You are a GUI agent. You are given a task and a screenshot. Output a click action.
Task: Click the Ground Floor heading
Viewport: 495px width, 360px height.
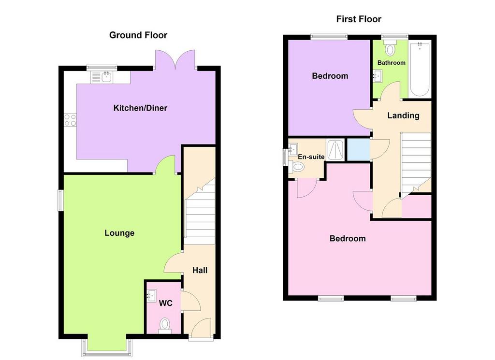[138, 35]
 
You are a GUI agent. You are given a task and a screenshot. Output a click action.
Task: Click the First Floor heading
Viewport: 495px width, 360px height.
[359, 19]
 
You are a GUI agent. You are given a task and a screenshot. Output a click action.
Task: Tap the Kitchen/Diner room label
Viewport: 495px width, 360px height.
[140, 108]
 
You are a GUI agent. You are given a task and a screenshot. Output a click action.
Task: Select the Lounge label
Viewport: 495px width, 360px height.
[119, 233]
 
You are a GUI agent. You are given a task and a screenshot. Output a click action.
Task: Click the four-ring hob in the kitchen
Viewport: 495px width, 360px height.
[70, 120]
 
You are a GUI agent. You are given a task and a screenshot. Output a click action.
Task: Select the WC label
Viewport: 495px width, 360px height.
[165, 303]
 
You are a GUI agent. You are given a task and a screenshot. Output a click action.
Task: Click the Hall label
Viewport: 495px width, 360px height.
[200, 270]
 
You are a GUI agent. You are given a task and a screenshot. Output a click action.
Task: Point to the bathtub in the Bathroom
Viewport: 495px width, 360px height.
[420, 70]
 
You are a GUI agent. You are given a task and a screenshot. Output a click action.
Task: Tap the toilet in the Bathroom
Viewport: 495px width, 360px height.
[390, 48]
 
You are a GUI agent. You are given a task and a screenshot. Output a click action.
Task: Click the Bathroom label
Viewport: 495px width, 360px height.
[391, 63]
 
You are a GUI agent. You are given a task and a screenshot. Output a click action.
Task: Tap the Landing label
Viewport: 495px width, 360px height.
[403, 115]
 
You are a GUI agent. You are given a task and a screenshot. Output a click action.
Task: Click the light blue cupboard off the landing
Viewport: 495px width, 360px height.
[359, 149]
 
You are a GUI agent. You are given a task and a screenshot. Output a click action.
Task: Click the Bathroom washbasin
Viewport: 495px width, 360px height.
[378, 76]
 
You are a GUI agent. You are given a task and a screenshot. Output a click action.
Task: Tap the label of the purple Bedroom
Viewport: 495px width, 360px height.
[330, 76]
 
